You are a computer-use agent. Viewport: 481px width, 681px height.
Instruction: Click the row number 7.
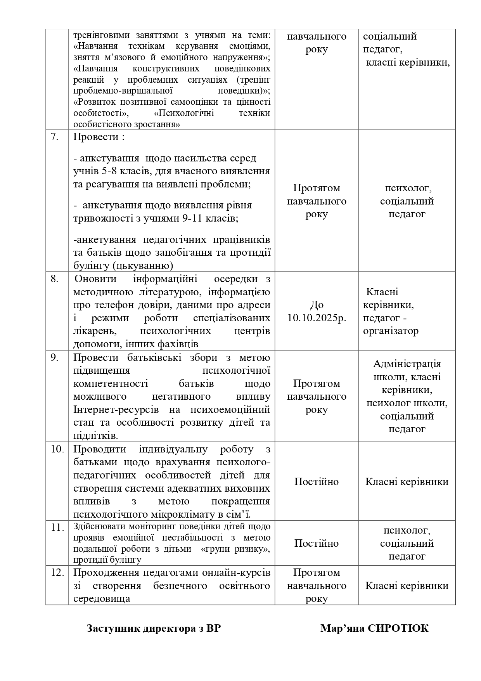click(54, 137)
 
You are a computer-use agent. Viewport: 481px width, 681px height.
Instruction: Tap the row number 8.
click(54, 279)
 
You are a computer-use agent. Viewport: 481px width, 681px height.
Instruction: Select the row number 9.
click(54, 357)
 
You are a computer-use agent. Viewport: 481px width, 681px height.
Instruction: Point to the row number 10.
click(57, 449)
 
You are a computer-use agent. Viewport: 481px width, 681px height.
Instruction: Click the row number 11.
click(57, 528)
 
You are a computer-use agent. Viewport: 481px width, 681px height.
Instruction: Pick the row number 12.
click(57, 572)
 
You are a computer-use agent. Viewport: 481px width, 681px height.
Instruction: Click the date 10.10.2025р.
click(317, 318)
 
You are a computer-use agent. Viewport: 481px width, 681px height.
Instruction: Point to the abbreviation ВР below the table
click(213, 628)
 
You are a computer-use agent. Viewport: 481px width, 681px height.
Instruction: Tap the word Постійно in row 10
click(317, 482)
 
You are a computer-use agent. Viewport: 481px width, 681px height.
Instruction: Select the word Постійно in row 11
click(317, 543)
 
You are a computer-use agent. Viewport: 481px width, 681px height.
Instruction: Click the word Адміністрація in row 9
click(407, 364)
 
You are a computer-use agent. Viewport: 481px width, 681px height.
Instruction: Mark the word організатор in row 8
click(391, 331)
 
